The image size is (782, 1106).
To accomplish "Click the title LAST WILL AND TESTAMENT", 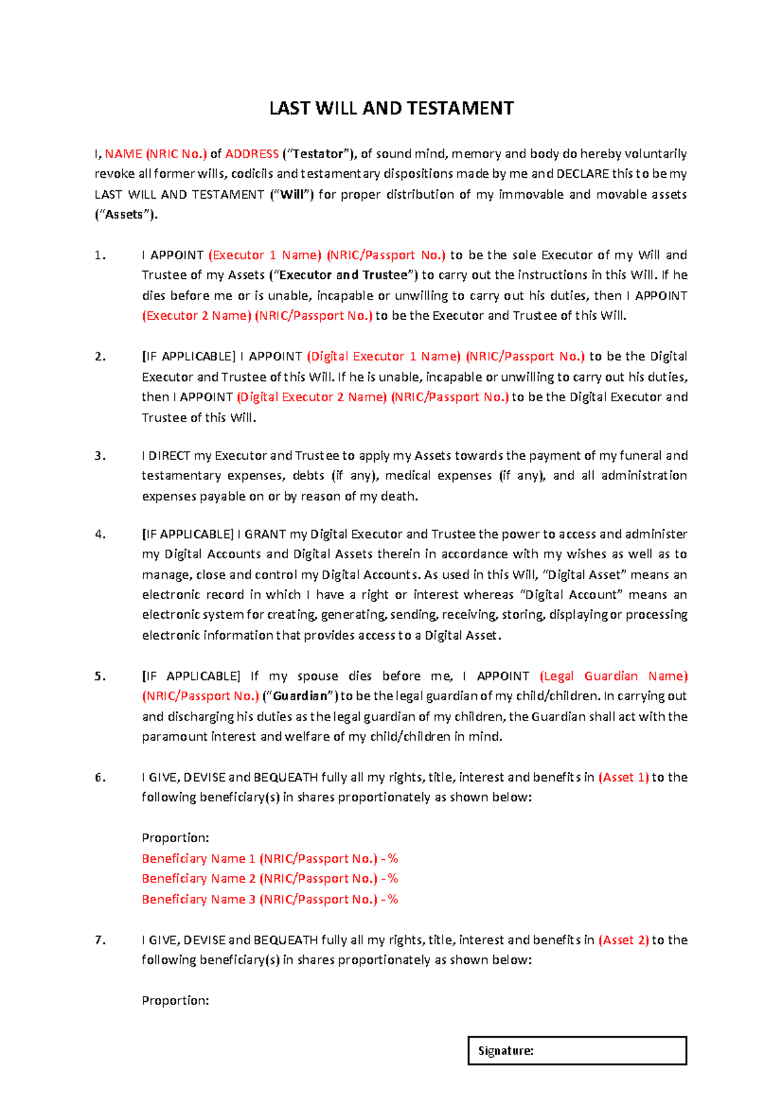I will pyautogui.click(x=391, y=108).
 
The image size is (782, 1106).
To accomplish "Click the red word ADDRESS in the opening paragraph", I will pyautogui.click(x=252, y=154).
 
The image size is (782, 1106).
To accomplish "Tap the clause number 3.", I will pyautogui.click(x=100, y=455).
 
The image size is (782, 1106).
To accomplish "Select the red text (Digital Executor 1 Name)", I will pyautogui.click(x=383, y=356).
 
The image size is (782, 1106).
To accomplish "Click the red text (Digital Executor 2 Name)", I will pyautogui.click(x=311, y=397).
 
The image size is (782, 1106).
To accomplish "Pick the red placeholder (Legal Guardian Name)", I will pyautogui.click(x=613, y=675).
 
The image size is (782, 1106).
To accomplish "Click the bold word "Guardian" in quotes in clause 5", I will pyautogui.click(x=300, y=696).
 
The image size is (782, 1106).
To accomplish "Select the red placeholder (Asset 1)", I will pyautogui.click(x=623, y=777).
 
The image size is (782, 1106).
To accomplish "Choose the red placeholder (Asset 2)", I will pyautogui.click(x=623, y=940).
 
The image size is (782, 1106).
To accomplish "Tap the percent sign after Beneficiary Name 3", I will pyautogui.click(x=392, y=899).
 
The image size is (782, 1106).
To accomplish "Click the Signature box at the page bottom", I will pyautogui.click(x=577, y=1051).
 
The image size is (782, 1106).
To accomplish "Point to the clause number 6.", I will pyautogui.click(x=100, y=777).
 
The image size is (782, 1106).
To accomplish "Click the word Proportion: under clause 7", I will pyautogui.click(x=175, y=1000).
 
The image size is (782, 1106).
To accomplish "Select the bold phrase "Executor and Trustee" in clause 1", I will pyautogui.click(x=343, y=275).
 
